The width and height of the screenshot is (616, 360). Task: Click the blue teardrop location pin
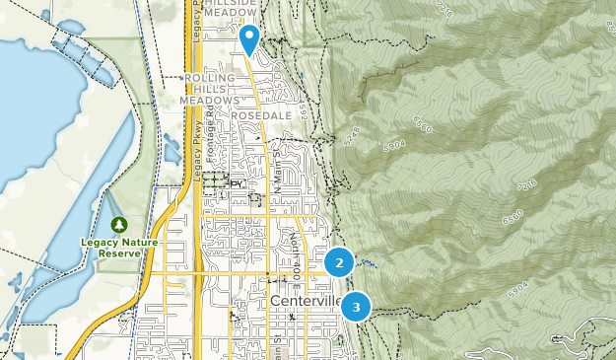[249, 38]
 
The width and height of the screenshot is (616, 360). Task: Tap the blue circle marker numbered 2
[339, 262]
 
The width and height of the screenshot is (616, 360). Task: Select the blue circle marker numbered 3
[356, 307]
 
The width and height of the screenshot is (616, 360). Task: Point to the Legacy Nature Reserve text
[119, 247]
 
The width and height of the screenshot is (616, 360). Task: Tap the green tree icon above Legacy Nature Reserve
[119, 225]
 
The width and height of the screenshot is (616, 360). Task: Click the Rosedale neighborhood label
[261, 115]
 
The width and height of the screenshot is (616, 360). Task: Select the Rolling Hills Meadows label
[210, 89]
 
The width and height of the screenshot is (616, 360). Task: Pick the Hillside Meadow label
[232, 9]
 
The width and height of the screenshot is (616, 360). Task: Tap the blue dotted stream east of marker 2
[367, 263]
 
